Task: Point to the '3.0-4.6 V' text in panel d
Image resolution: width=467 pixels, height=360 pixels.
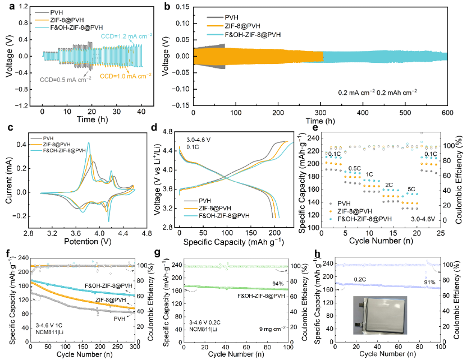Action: click(200, 140)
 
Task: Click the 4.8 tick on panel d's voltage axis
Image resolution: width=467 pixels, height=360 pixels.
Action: click(167, 132)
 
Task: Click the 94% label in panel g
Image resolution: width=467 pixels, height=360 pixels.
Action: click(277, 284)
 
